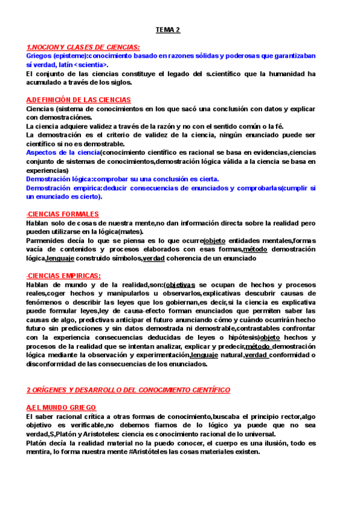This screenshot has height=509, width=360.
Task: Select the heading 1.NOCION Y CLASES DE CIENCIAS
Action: click(x=83, y=47)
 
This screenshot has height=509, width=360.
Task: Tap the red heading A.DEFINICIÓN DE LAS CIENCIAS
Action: click(x=79, y=100)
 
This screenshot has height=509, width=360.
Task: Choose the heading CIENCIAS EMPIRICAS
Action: click(x=64, y=276)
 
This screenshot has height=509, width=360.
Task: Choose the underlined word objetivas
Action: click(x=179, y=285)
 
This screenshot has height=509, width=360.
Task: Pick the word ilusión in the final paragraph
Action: click(x=264, y=443)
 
